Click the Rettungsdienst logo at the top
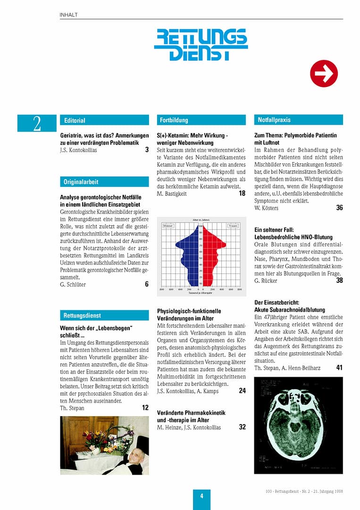tap(201, 44)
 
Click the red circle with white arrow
tap(324, 73)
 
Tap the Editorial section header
tap(104, 120)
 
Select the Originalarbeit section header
tap(104, 182)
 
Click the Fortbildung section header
tap(201, 120)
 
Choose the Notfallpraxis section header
tap(298, 120)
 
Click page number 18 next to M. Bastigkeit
tap(242, 193)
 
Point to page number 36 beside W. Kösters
tap(339, 208)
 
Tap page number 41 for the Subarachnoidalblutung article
tap(339, 367)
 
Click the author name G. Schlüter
tap(73, 285)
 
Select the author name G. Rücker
tap(266, 280)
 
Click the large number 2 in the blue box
tap(37, 123)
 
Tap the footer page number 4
tap(201, 496)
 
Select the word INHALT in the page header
tap(69, 15)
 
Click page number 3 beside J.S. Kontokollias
tap(147, 150)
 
